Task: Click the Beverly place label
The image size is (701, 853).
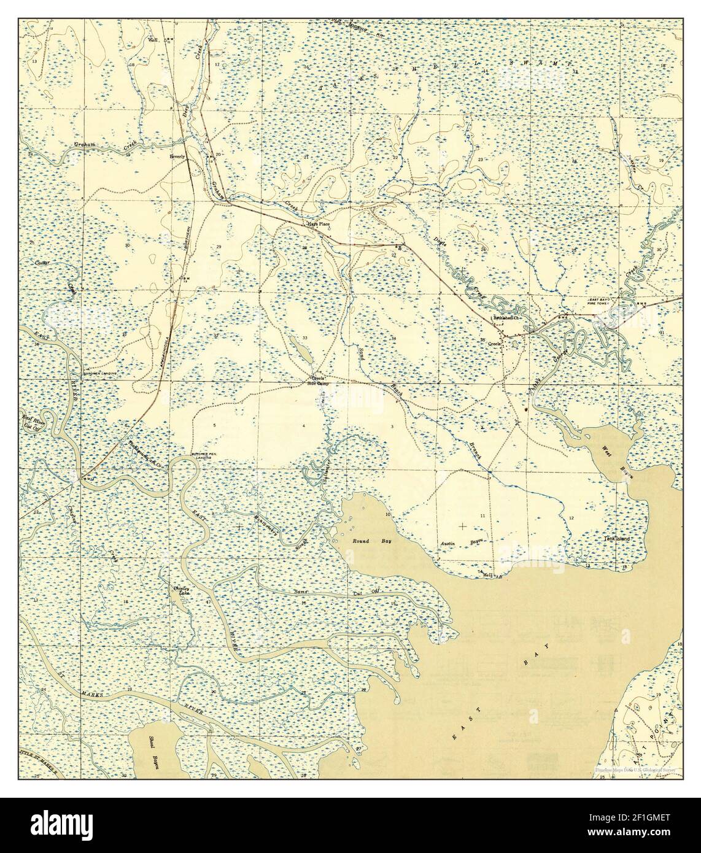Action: click(x=177, y=156)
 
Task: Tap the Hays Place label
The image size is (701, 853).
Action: click(x=319, y=225)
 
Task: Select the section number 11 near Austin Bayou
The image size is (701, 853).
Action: click(x=482, y=516)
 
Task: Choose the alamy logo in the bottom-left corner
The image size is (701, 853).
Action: click(x=48, y=824)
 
